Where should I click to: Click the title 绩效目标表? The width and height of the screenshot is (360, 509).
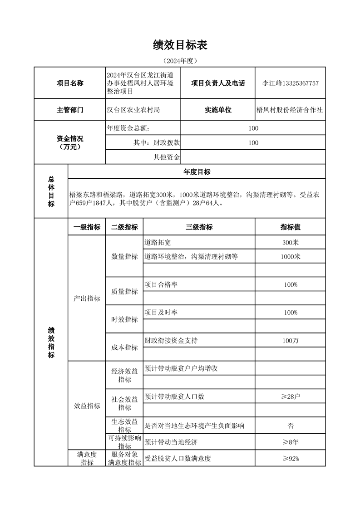180,45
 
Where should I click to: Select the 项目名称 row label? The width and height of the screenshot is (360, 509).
69,83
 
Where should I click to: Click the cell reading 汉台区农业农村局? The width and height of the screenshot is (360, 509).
133,110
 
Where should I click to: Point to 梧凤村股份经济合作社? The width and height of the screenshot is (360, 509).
290,110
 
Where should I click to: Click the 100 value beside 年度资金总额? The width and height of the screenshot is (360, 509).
253,128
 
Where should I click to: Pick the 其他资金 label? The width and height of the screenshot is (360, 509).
167,157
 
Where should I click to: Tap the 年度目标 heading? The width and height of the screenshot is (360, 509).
197,172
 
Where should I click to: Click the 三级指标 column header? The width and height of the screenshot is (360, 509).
199,227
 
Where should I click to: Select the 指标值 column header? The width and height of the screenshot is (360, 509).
290,227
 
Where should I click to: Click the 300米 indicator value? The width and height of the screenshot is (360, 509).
290,243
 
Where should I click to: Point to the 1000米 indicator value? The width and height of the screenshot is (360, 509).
290,257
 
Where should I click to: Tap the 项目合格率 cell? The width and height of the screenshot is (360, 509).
161,284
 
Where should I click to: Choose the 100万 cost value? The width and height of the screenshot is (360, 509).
290,341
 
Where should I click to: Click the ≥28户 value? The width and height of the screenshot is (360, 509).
290,397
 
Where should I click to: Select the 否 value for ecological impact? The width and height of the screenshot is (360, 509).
290,426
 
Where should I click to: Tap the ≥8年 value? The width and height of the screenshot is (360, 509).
290,442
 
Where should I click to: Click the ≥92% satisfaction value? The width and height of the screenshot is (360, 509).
290,459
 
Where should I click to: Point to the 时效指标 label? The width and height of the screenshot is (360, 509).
124,319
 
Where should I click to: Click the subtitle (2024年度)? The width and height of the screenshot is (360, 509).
180,60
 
